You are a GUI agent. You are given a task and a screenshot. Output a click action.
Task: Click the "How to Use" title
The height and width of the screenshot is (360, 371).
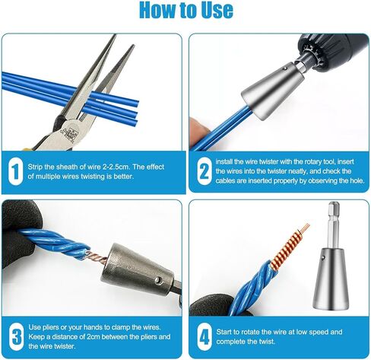coord(186,10)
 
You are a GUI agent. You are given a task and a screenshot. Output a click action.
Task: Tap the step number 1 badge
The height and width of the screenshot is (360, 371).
coord(16,172)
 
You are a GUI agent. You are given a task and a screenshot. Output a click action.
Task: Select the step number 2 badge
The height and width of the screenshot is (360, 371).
coord(205,171)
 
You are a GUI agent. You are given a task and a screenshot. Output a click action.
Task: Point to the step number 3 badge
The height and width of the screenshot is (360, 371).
coord(16,336)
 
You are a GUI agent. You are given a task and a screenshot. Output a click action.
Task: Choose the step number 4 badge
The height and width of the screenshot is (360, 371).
coord(205,336)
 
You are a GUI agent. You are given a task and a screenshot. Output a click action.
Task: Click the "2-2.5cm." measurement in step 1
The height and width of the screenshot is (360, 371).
coord(116,167)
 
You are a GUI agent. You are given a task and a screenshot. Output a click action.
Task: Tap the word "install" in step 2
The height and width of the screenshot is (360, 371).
coord(224,161)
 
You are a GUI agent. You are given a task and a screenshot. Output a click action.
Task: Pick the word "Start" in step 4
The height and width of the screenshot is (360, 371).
coord(224,332)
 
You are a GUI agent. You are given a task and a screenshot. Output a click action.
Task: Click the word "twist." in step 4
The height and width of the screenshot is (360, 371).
coord(267,342)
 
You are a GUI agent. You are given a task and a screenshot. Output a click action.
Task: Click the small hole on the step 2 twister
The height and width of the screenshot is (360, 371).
coord(285,68)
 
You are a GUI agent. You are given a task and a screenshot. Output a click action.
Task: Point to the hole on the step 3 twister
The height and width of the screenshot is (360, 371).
coord(158,279)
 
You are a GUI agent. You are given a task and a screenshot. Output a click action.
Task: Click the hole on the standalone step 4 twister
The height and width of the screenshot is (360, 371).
coord(323,259)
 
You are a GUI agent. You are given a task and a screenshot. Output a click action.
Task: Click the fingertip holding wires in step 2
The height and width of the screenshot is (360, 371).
coord(198,130)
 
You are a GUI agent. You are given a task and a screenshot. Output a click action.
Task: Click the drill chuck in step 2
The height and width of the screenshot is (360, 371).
coord(332,52)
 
